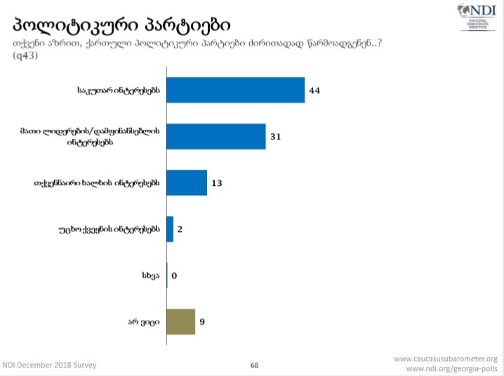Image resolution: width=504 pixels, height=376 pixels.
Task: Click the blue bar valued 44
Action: tap(235, 90)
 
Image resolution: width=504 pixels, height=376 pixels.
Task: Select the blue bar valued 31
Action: tap(216, 136)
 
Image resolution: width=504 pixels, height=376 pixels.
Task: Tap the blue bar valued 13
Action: tap(187, 182)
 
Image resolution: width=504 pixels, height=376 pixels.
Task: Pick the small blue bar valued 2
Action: tap(170, 229)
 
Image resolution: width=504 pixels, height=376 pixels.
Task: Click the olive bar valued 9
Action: tap(180, 322)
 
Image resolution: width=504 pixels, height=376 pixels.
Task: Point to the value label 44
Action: tap(314, 90)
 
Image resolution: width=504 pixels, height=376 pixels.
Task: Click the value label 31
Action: tap(275, 137)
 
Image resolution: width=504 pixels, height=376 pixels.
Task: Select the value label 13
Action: tap(216, 183)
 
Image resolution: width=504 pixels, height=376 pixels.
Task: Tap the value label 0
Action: tap(173, 276)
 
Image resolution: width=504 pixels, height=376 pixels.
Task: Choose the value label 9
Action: tap(203, 323)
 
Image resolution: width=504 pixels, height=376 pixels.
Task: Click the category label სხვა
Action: tap(150, 276)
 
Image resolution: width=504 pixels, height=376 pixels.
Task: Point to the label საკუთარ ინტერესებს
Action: tap(120, 90)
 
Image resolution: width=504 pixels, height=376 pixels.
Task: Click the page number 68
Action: tap(255, 365)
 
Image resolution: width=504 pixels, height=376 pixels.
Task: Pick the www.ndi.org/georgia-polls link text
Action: tap(451, 368)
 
